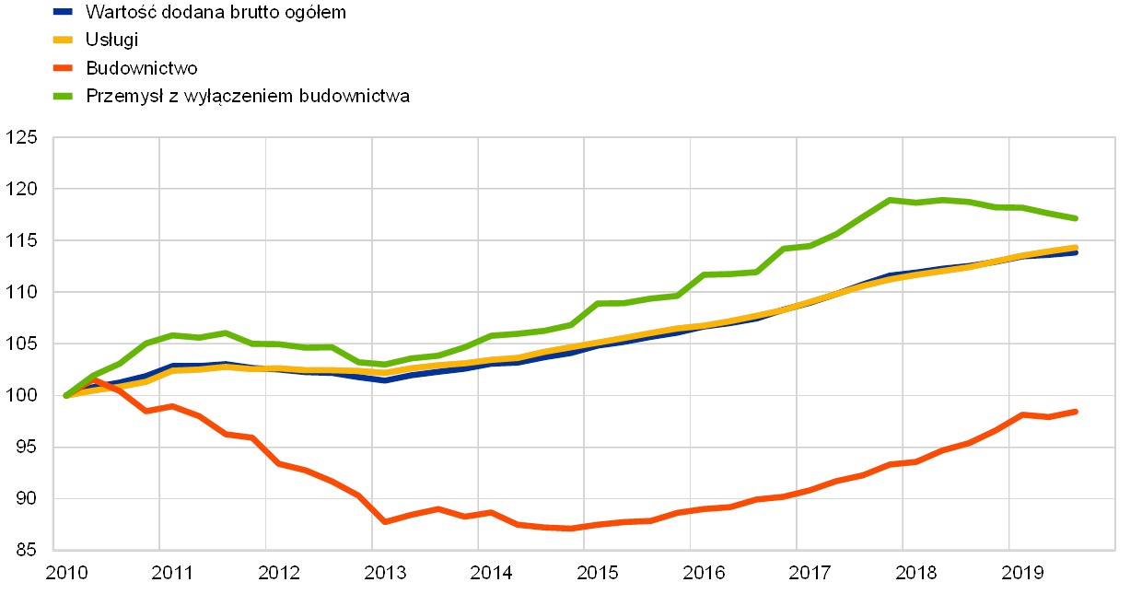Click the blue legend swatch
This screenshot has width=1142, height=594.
63,12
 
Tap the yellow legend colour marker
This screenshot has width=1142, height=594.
63,40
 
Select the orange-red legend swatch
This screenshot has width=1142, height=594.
63,68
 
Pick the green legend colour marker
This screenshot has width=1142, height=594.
63,96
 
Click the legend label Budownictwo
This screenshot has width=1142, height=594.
144,68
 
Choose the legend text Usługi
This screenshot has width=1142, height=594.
110,40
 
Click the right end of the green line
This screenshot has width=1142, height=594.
1076,218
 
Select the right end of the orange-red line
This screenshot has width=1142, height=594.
1076,411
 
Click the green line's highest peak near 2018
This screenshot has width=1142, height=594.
890,199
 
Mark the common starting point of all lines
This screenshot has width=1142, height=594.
66,395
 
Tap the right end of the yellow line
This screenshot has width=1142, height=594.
1076,247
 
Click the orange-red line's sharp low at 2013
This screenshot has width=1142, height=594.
385,522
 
